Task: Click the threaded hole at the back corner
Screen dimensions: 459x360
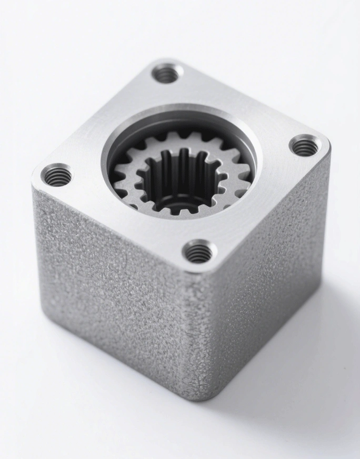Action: [x=167, y=73]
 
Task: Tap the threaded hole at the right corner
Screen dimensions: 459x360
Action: [x=305, y=145]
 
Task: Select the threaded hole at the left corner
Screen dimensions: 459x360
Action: [x=56, y=175]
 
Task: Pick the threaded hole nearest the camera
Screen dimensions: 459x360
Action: [x=198, y=252]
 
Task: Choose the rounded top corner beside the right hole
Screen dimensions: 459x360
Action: [x=326, y=145]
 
